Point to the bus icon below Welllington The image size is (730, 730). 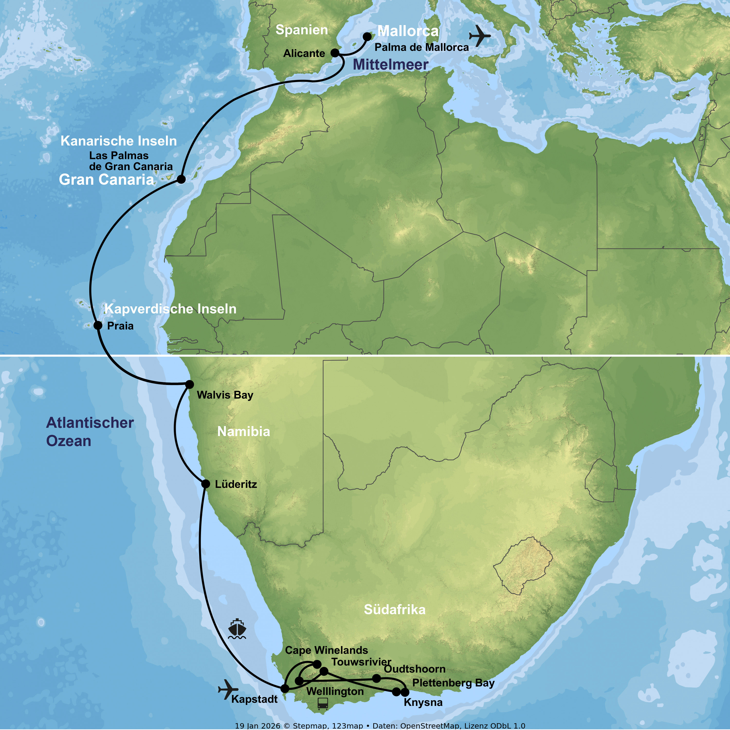[322, 703]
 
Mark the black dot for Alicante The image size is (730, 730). [335, 53]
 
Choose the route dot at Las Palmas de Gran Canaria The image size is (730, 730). [181, 179]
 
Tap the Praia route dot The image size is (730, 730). [98, 325]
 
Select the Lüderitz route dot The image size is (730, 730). [206, 484]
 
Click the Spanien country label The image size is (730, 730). [301, 30]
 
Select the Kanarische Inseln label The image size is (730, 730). [119, 141]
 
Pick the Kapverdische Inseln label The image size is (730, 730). [170, 309]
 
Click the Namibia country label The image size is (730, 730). [244, 431]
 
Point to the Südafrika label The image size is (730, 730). [394, 610]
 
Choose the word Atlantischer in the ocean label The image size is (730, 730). [90, 423]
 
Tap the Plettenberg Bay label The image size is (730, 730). [453, 683]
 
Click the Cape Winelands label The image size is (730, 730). [327, 650]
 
